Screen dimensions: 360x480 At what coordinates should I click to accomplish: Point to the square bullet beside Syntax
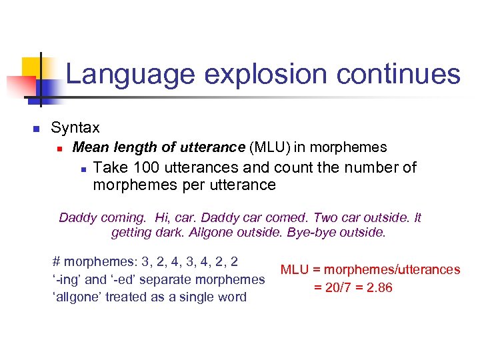pyautogui.click(x=37, y=129)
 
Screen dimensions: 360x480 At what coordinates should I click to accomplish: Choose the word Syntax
pyautogui.click(x=75, y=127)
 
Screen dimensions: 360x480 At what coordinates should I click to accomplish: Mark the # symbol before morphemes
pyautogui.click(x=56, y=262)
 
